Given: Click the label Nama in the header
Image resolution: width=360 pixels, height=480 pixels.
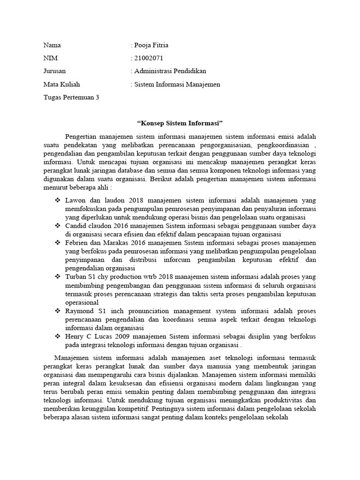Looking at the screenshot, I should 52,45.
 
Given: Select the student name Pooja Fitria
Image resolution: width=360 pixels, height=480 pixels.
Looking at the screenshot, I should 151,45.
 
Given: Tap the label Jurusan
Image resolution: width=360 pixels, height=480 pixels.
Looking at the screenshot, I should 55,71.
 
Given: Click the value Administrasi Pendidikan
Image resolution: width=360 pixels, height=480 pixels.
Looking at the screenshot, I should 170,71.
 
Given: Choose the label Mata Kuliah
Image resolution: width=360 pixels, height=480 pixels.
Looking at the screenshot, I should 61,84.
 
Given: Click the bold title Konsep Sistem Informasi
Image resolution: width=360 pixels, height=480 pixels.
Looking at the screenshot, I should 180,123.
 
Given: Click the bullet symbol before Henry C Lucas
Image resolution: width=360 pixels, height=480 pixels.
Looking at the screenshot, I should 58,336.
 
